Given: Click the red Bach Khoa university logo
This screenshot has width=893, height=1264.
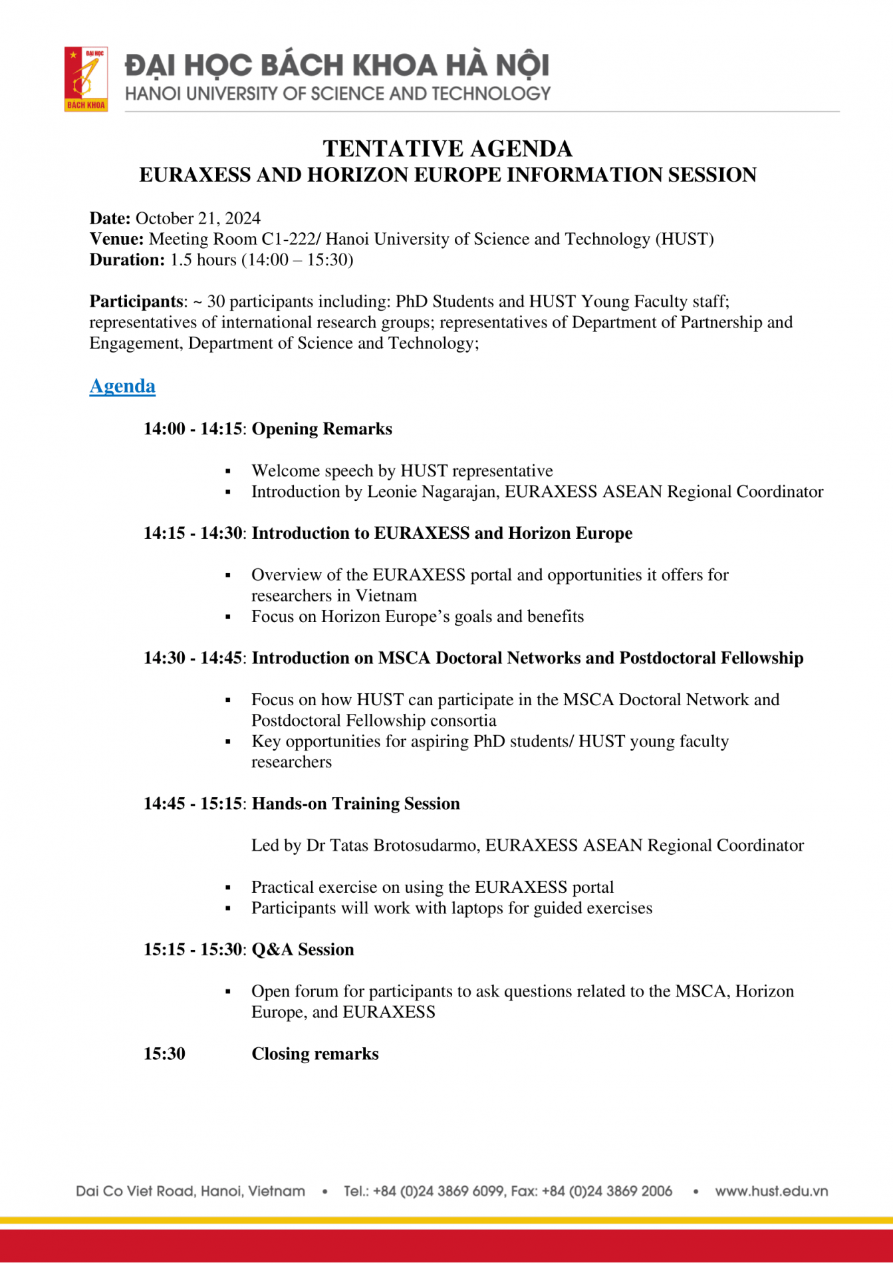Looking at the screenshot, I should [86, 79].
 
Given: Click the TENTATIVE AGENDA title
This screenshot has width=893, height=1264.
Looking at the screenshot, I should [447, 148].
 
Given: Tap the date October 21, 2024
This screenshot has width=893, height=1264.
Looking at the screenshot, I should [197, 218].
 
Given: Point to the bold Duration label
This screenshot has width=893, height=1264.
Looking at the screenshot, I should [126, 259].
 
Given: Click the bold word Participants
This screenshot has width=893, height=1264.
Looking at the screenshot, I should [136, 301].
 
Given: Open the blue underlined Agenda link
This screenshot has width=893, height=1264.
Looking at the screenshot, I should [122, 386].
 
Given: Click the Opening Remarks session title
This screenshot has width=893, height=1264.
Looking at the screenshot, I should [322, 429].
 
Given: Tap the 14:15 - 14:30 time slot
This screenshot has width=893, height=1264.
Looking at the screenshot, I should [192, 534].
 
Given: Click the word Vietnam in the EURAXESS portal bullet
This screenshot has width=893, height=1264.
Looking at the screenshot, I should [386, 595].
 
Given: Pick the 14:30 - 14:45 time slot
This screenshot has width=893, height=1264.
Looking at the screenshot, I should [192, 658].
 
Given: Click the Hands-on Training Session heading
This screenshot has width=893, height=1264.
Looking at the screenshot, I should [356, 804].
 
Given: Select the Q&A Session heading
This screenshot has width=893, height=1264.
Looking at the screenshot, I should [303, 949].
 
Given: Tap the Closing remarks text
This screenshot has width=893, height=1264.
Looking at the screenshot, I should [315, 1054].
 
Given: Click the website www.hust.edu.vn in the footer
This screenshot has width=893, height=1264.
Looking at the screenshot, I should [771, 1191].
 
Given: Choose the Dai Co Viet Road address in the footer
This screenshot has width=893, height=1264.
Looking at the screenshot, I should [190, 1191].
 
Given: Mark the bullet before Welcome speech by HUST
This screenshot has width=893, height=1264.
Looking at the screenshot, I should [228, 472].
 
